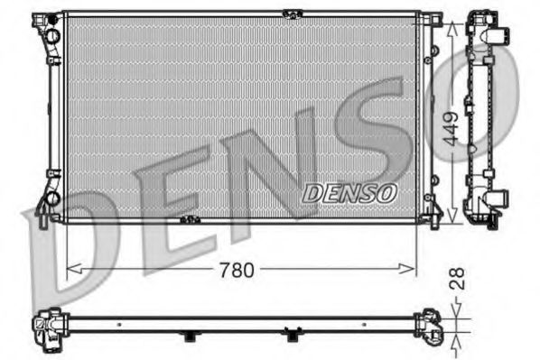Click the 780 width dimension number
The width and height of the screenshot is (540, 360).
pyautogui.click(x=236, y=269)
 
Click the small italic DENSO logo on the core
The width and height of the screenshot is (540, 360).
pyautogui.click(x=349, y=192)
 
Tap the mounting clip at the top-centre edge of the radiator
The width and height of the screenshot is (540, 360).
pyautogui.click(x=291, y=13)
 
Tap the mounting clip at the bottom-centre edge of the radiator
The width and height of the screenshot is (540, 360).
pyautogui.click(x=189, y=219)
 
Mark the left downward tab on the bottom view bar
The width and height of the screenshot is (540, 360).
pyautogui.click(x=189, y=337)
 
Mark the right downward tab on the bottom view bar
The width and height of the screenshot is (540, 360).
pyautogui.click(x=291, y=337)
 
